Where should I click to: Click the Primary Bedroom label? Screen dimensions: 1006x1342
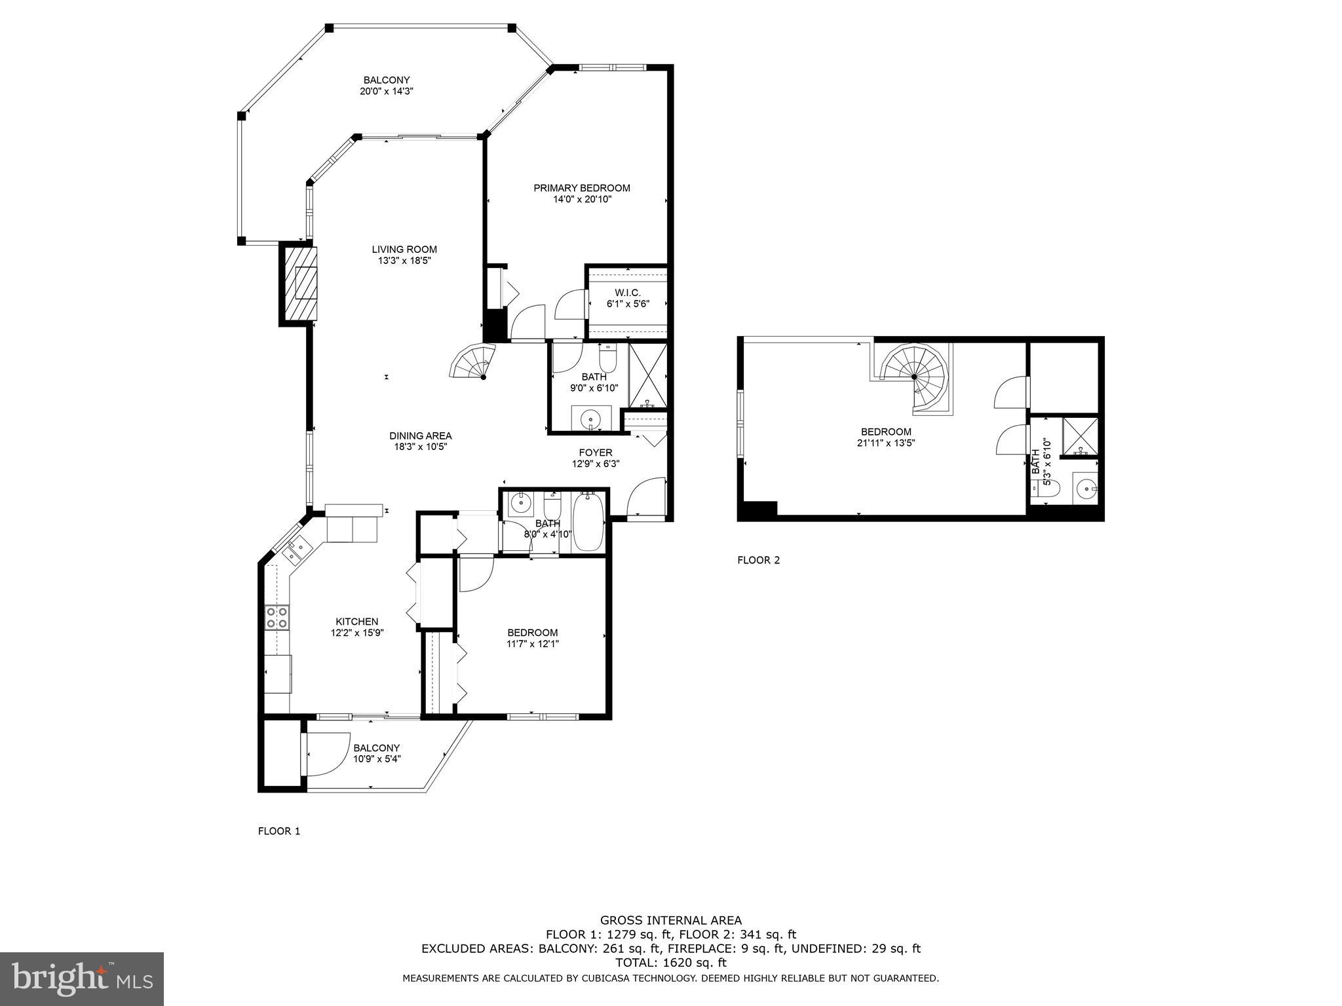tap(582, 188)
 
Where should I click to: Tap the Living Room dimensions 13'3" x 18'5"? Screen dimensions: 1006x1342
tap(404, 261)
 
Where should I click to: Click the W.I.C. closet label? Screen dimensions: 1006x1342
tap(627, 293)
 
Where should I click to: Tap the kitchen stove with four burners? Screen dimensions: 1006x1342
tap(277, 618)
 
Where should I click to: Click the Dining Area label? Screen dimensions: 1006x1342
tap(420, 436)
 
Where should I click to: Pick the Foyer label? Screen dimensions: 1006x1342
tap(596, 453)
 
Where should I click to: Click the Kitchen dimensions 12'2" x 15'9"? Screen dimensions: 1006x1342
tap(357, 633)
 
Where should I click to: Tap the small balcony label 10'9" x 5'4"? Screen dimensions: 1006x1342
tap(377, 759)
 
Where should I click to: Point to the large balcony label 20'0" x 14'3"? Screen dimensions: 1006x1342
tap(387, 91)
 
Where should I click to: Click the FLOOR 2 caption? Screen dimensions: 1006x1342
tap(759, 560)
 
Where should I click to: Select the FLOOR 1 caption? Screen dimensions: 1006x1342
tap(279, 831)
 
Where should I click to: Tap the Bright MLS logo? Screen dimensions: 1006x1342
tap(82, 978)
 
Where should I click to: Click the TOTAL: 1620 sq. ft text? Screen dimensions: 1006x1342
tap(671, 963)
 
